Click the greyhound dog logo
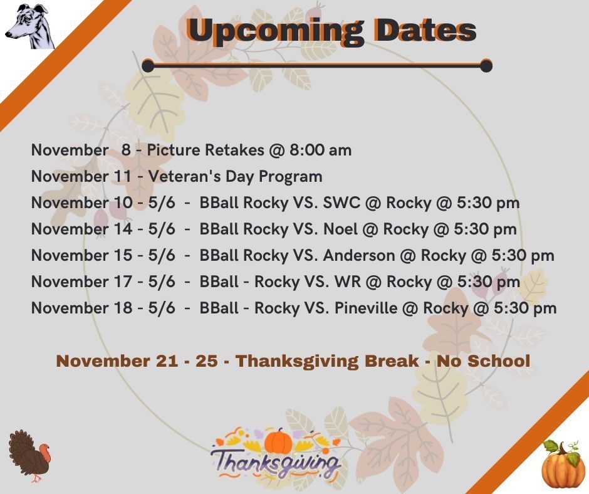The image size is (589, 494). point(29,26)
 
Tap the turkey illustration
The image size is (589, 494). point(29,456)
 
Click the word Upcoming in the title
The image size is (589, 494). point(275,31)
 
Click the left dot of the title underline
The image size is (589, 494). point(148,65)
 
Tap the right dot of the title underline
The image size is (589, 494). point(486,65)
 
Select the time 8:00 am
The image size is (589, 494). point(320,150)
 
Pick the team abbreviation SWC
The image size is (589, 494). point(341,202)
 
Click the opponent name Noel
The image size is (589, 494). point(340,229)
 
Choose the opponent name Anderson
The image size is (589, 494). point(359,255)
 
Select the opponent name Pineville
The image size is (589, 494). point(366,308)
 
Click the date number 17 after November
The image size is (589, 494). point(123,281)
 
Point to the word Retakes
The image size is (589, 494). point(234,150)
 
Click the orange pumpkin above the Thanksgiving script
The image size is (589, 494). point(278,441)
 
